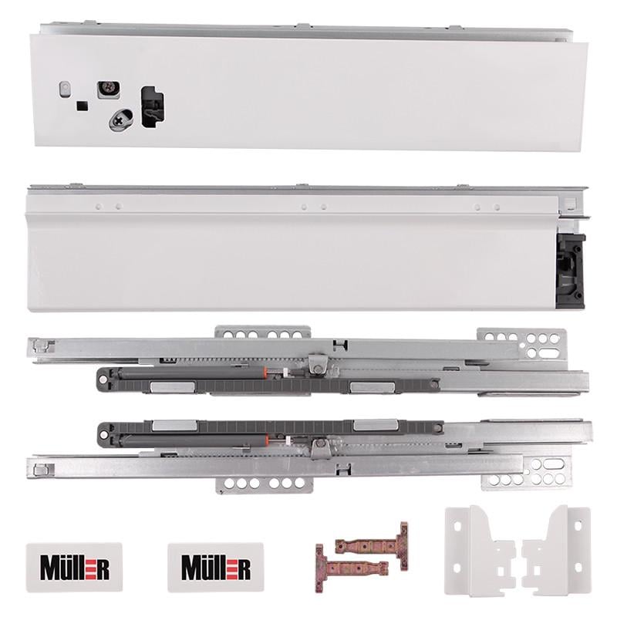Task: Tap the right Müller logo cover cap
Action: coord(215,567)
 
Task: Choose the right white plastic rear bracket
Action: coord(558,548)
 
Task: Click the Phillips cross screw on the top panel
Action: coord(122,119)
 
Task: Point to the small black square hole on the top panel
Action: coord(82,106)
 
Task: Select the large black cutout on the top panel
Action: coord(153,106)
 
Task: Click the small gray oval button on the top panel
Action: coord(64,89)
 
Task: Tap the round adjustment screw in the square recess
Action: coord(108,89)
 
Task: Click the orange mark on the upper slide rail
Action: coord(266,373)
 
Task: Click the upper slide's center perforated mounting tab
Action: coord(262,335)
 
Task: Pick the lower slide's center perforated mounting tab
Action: coord(262,484)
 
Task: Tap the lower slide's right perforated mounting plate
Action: coord(532,473)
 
